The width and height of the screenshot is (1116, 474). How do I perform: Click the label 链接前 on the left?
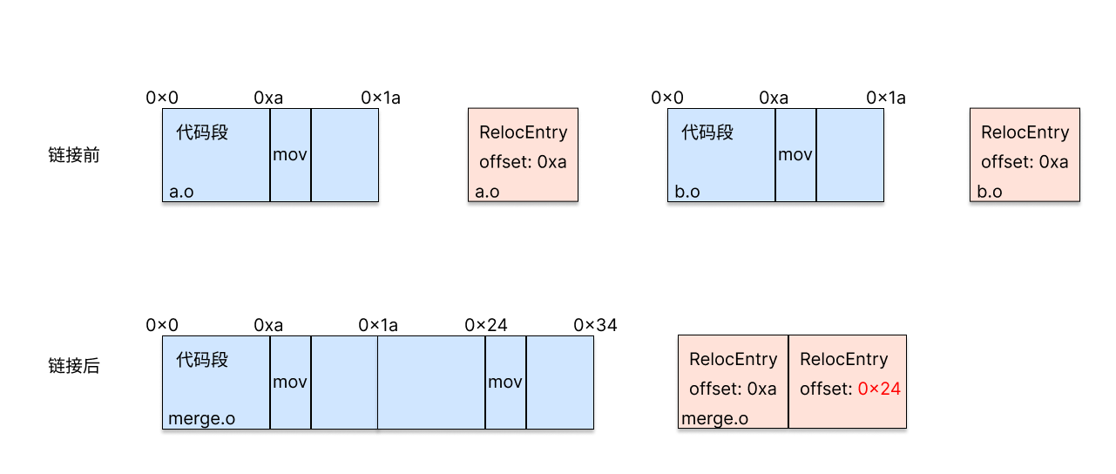[74, 156]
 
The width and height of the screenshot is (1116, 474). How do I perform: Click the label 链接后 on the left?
[74, 366]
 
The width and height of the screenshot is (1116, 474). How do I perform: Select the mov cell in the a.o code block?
[290, 155]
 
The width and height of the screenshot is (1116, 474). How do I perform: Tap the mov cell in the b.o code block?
[795, 155]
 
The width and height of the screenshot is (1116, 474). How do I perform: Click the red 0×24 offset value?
[879, 389]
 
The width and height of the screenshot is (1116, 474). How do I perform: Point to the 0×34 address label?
[595, 325]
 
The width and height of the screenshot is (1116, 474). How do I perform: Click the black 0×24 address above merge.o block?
[486, 325]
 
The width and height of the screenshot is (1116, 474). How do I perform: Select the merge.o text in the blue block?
[201, 418]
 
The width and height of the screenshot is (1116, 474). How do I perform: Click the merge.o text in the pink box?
[714, 418]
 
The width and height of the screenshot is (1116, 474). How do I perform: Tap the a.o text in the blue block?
[181, 192]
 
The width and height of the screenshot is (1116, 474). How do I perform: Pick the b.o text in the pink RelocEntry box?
[990, 192]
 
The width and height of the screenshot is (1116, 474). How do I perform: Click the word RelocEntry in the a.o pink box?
[523, 132]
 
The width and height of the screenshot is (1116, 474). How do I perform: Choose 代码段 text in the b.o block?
[707, 132]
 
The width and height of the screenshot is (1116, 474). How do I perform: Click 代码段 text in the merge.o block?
[202, 359]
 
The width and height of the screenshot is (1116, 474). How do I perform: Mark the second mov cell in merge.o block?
[505, 382]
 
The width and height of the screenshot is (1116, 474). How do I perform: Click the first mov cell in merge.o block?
[290, 382]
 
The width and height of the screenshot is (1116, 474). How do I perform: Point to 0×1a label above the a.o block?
[381, 98]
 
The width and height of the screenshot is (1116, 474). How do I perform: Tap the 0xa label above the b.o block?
[774, 98]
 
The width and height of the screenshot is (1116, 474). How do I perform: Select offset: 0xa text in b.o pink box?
[1025, 162]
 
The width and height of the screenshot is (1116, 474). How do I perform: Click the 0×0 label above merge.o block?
[162, 325]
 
